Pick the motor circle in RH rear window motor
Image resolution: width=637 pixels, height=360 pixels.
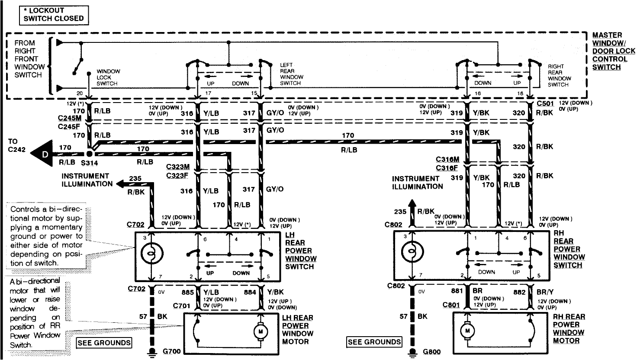pyautogui.click(x=468, y=331)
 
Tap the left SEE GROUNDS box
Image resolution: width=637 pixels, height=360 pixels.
pyautogui.click(x=104, y=343)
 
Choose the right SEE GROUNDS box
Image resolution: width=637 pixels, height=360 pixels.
pyautogui.click(x=374, y=342)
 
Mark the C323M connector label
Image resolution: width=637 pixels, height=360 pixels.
pyautogui.click(x=177, y=167)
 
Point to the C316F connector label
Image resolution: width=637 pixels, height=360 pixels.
pyautogui.click(x=447, y=167)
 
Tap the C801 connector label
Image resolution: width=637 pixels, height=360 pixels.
pyautogui.click(x=451, y=305)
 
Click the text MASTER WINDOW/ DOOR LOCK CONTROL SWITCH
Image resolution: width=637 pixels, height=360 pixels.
pyautogui.click(x=613, y=51)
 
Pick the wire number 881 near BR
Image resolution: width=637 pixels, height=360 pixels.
pyautogui.click(x=457, y=292)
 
